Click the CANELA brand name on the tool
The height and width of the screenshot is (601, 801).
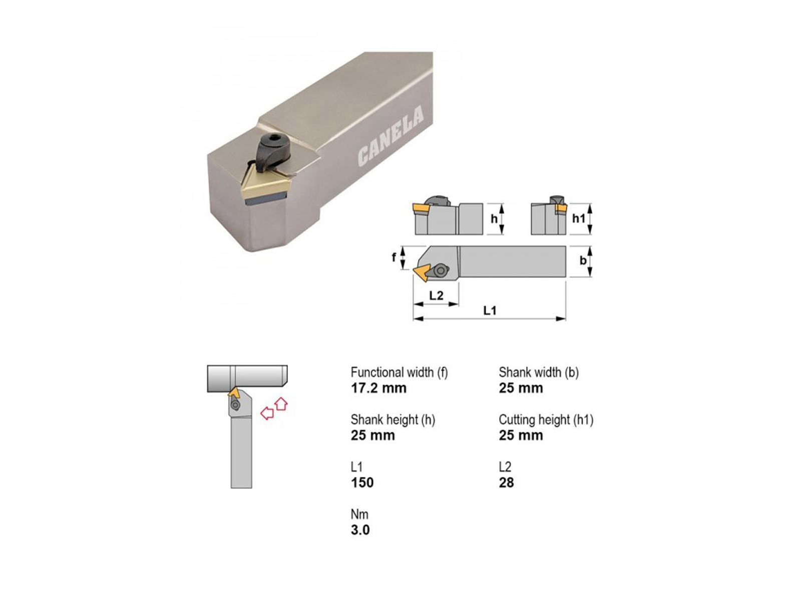tap(390, 136)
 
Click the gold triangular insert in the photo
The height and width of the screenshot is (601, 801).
tap(266, 184)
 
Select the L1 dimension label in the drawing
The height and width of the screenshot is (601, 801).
tap(490, 311)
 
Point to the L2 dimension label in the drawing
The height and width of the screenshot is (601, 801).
tap(436, 295)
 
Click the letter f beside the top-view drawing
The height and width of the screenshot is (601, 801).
tap(394, 257)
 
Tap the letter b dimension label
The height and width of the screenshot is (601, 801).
tap(583, 260)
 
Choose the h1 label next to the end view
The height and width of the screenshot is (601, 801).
tap(579, 218)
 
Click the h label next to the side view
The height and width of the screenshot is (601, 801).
tap(494, 218)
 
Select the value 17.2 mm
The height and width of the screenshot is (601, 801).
tap(379, 388)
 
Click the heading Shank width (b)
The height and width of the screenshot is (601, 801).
tap(539, 372)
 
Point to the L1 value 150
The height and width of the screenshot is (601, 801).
tap(362, 483)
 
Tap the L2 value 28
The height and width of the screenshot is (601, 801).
tap(507, 483)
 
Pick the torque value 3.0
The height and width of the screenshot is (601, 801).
tap(360, 530)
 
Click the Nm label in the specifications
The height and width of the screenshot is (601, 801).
tap(360, 514)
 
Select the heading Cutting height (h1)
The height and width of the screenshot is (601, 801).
tap(546, 420)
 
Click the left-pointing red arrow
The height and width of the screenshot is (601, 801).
tap(267, 413)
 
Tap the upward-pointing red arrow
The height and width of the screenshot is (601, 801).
tap(281, 404)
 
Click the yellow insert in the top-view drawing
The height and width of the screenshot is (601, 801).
tap(421, 272)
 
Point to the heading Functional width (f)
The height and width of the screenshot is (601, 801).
tap(399, 372)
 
